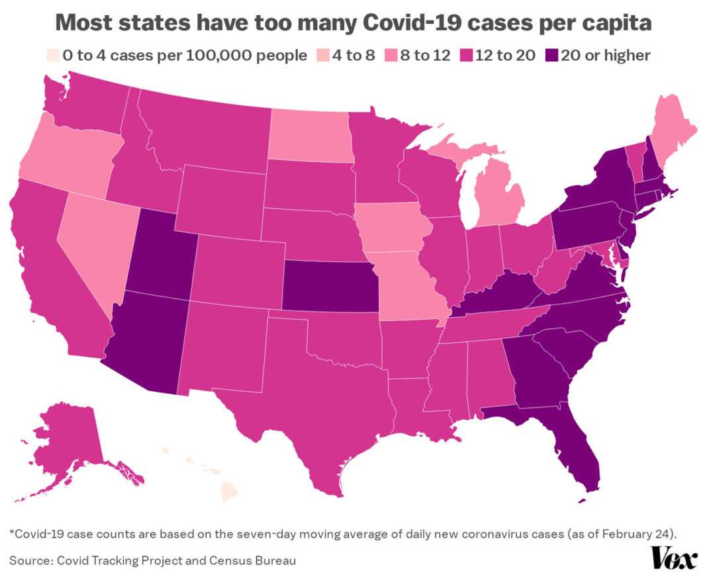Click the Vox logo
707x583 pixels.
coord(675,558)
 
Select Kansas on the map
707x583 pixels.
coord(330,286)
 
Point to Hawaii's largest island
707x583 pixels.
coord(228,492)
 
